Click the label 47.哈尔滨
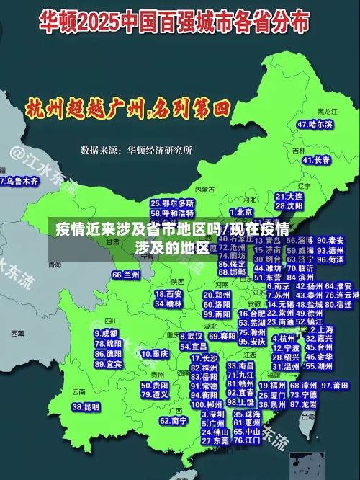click(315, 124)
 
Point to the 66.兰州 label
click(126, 275)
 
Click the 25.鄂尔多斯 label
click(172, 204)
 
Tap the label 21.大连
click(289, 196)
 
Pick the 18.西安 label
click(168, 294)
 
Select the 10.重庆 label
click(155, 354)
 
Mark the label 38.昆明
click(86, 407)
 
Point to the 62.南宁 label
click(174, 420)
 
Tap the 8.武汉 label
click(191, 336)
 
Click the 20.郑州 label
click(217, 295)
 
